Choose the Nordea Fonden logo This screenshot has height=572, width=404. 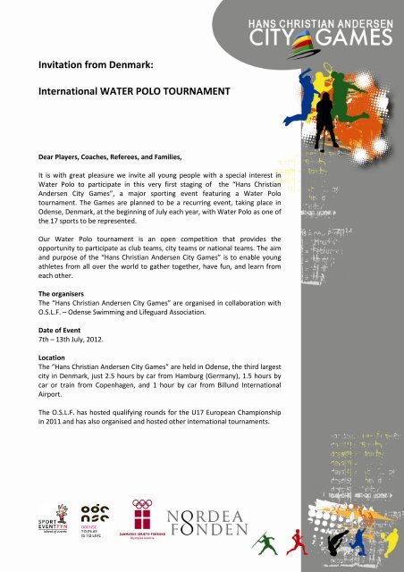click(208, 522)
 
